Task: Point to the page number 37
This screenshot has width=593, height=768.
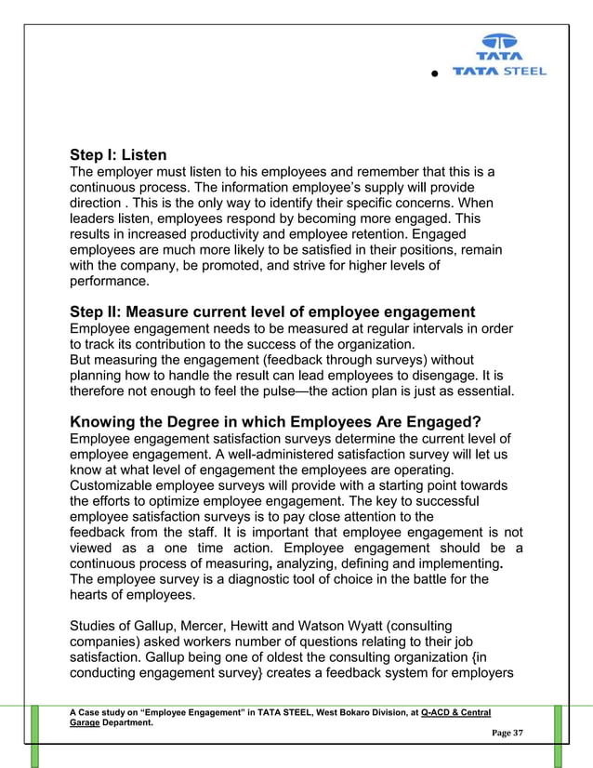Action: pyautogui.click(x=517, y=735)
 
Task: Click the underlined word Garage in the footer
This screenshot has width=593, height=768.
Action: pyautogui.click(x=92, y=722)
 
